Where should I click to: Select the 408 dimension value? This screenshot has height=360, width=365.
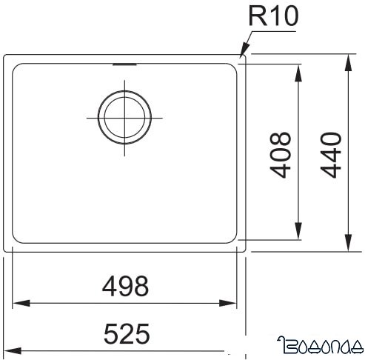(281, 156)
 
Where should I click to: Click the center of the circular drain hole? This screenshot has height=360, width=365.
(125, 117)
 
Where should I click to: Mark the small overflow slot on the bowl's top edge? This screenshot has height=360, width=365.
(124, 64)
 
